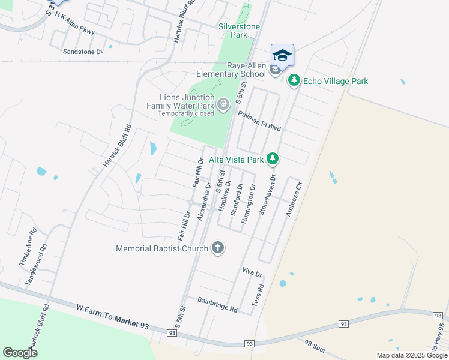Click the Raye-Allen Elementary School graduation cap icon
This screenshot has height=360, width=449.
(282, 55)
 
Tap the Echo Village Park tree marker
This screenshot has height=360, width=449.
(294, 80)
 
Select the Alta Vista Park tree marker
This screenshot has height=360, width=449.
(273, 159)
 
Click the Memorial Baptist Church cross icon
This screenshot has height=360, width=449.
(217, 248)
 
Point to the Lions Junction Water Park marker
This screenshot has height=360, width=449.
(223, 106)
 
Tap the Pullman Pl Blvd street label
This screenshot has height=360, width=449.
(259, 121)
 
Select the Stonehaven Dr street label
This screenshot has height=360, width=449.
(268, 195)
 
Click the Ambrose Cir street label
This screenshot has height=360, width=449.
(292, 200)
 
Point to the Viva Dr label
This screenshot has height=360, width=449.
(252, 273)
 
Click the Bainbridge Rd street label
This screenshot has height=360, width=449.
(218, 304)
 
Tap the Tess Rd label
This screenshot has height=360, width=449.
(257, 296)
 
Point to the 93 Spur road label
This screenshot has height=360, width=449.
(315, 347)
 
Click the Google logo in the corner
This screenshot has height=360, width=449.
(20, 353)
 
